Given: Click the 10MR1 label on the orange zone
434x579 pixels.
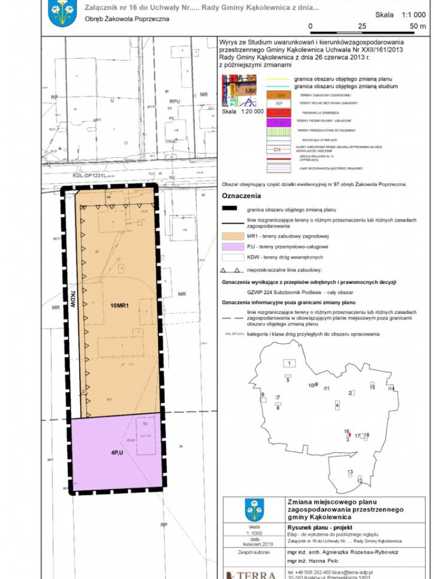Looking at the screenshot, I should coord(120,306).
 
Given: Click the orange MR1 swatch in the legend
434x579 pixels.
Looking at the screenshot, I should coord(232,236).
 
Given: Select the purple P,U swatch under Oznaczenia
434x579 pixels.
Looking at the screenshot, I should coord(232,247).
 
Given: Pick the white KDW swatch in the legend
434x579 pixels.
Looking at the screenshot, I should coord(232,257).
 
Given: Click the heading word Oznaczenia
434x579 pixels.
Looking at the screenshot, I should coord(241,196).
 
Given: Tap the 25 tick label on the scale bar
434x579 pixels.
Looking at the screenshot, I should coord(362,27).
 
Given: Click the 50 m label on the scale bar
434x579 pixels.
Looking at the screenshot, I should coord(418,27).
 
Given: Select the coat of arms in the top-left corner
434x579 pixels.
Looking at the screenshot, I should coord(62,12).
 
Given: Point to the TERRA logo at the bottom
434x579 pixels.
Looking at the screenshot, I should coord(251,574).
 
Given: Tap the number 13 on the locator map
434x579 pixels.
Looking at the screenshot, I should coord(350,472).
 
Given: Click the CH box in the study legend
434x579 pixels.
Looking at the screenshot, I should coord(277,150).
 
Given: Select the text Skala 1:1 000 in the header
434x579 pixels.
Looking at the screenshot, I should coord(400,15).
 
